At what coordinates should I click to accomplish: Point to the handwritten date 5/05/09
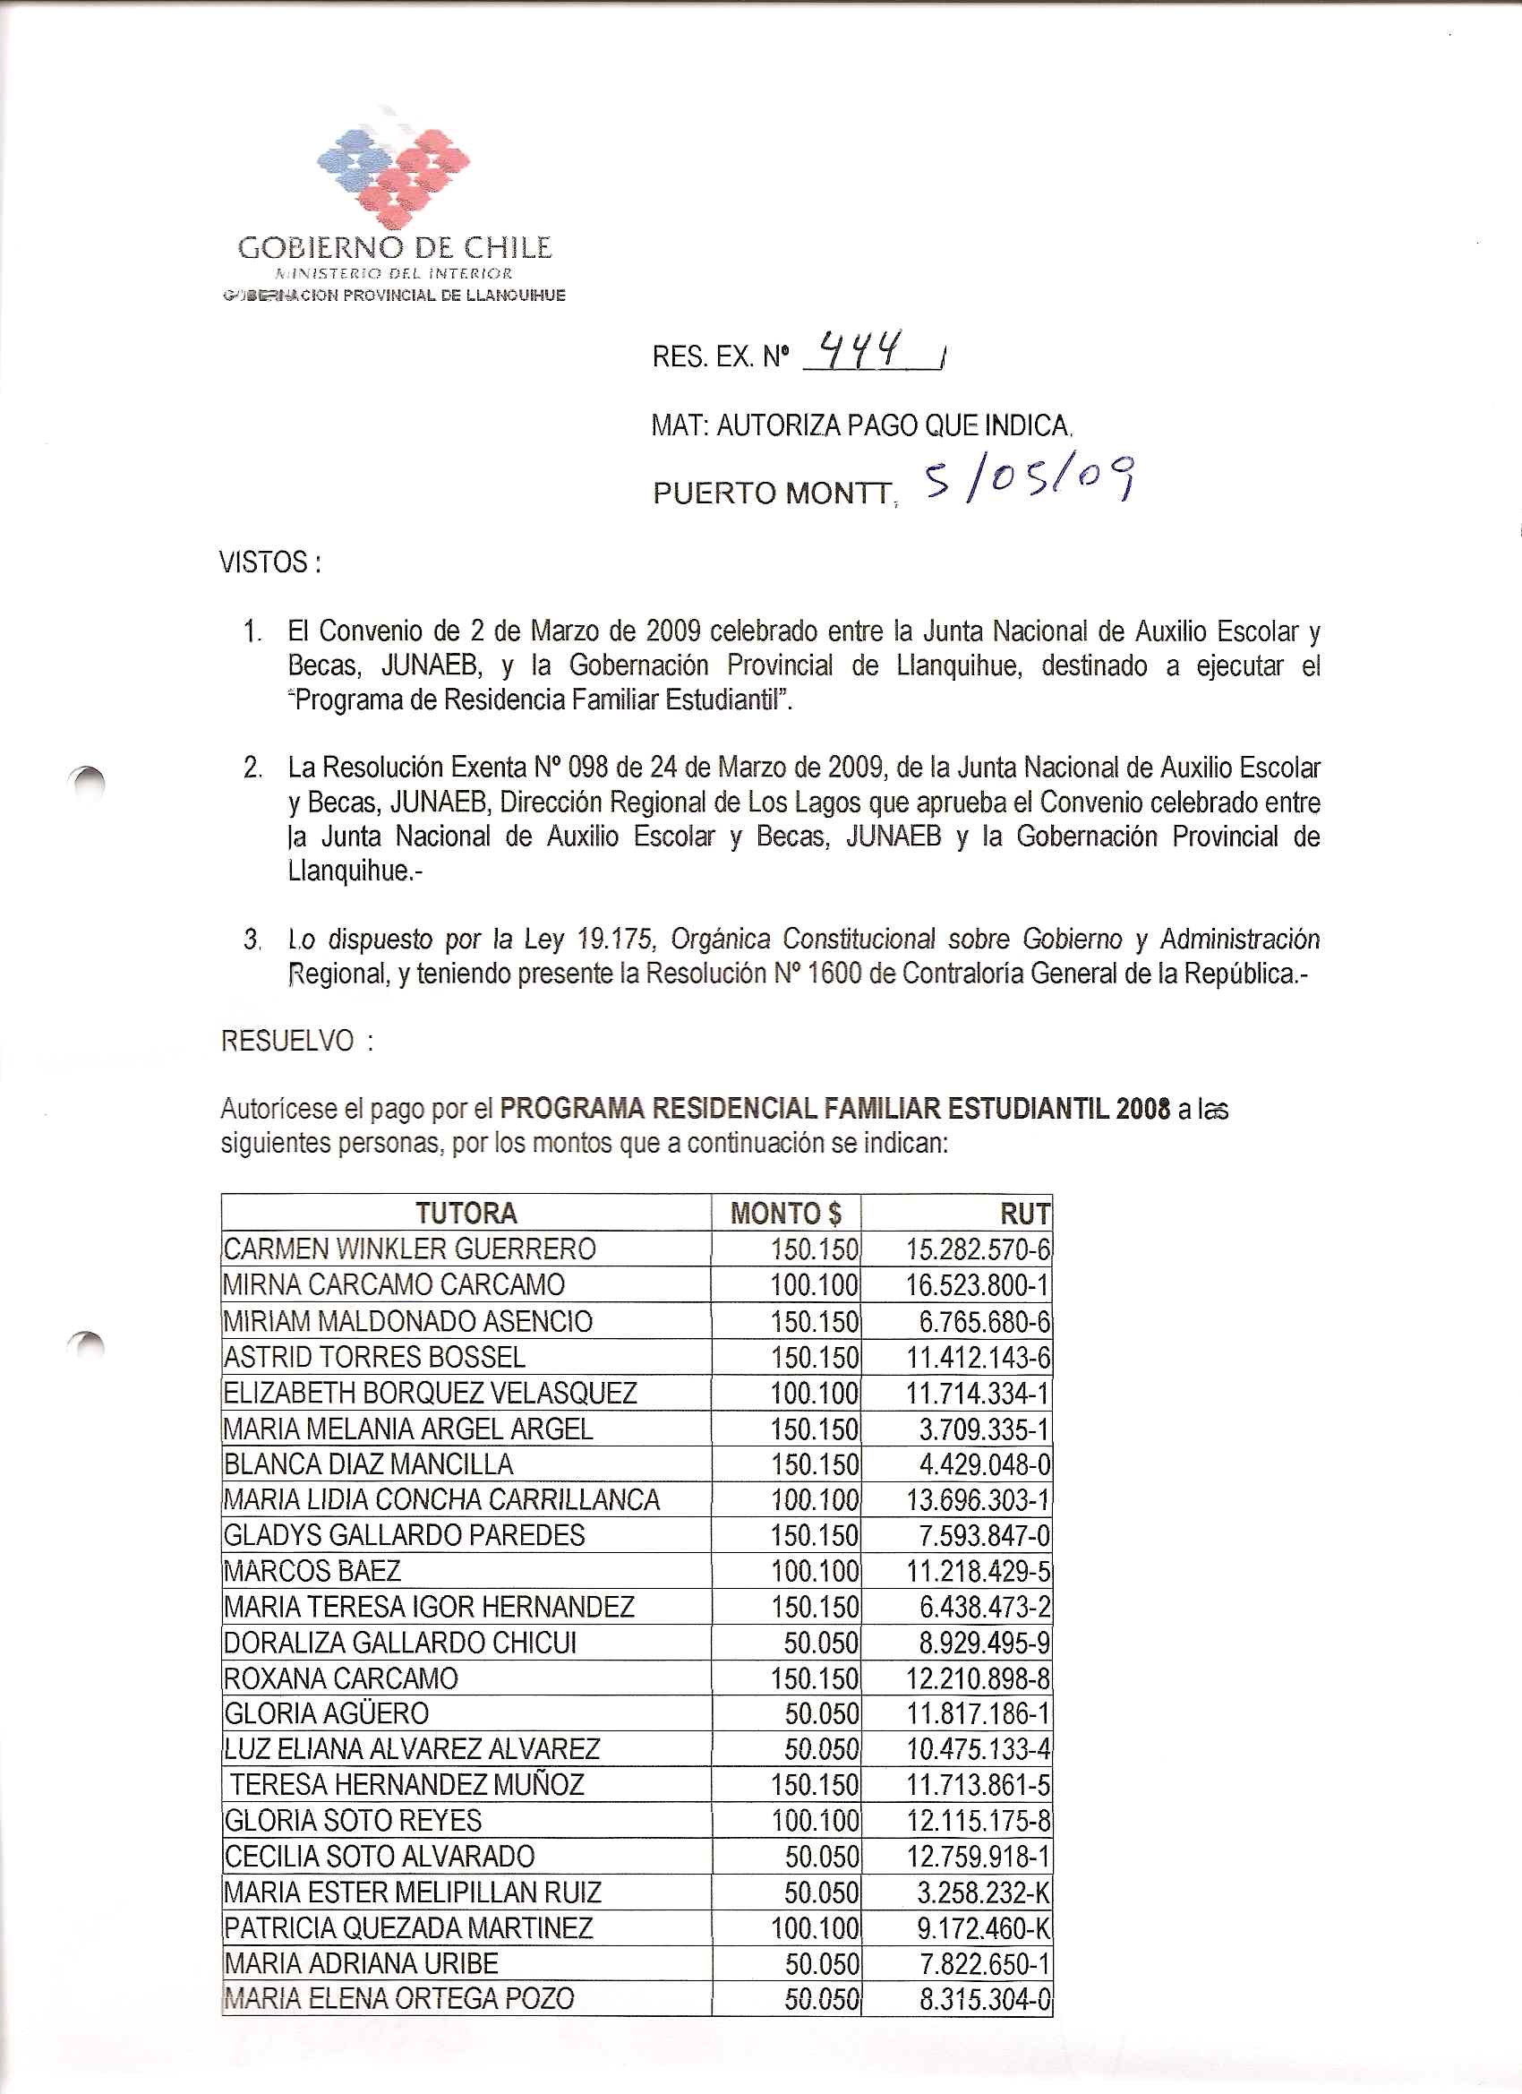pyautogui.click(x=1029, y=480)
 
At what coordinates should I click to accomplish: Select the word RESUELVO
pyautogui.click(x=288, y=1041)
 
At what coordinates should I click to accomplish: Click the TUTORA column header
pyautogui.click(x=466, y=1213)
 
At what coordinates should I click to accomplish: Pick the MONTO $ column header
pyautogui.click(x=785, y=1213)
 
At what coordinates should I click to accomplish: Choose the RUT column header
pyautogui.click(x=1024, y=1214)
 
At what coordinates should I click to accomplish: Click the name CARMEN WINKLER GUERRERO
pyautogui.click(x=410, y=1249)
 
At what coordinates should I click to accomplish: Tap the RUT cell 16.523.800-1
pyautogui.click(x=978, y=1285)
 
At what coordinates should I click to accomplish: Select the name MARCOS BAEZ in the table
pyautogui.click(x=312, y=1571)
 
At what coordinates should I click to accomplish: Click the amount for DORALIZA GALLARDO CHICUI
pyautogui.click(x=820, y=1643)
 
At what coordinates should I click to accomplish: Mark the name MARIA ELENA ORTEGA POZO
pyautogui.click(x=398, y=1999)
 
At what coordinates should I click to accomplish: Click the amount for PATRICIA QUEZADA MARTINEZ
pyautogui.click(x=815, y=1928)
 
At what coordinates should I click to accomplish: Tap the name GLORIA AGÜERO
pyautogui.click(x=327, y=1713)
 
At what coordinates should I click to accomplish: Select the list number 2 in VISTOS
pyautogui.click(x=252, y=768)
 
